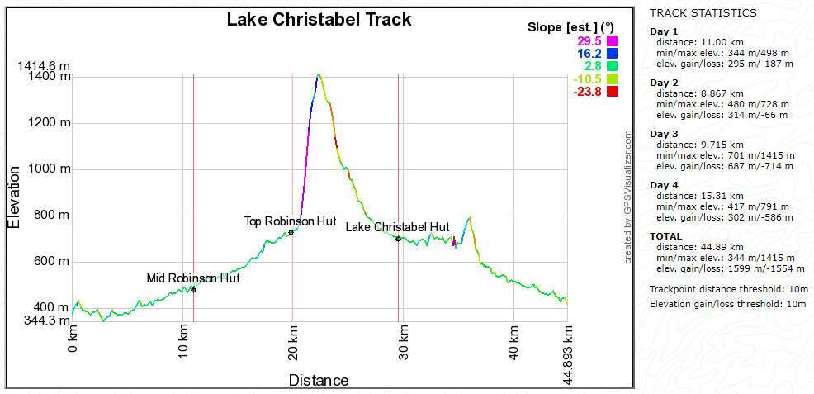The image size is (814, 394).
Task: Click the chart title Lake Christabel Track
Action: [319, 19]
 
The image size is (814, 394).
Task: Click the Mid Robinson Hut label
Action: [193, 278]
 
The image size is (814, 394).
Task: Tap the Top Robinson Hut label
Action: [291, 221]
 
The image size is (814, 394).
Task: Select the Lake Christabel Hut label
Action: [397, 226]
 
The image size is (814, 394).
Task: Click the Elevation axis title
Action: [15, 197]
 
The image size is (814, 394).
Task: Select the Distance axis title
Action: [319, 381]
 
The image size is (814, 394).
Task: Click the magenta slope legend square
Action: [612, 40]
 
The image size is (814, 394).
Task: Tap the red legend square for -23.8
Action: [612, 91]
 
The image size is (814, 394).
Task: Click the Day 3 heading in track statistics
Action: [664, 134]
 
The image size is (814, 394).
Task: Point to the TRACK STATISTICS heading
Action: [703, 13]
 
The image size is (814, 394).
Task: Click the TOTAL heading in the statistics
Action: [666, 236]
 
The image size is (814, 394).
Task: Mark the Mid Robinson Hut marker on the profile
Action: [193, 289]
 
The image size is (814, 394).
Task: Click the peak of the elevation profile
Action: [319, 75]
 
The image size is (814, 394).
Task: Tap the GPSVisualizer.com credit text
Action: [628, 197]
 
